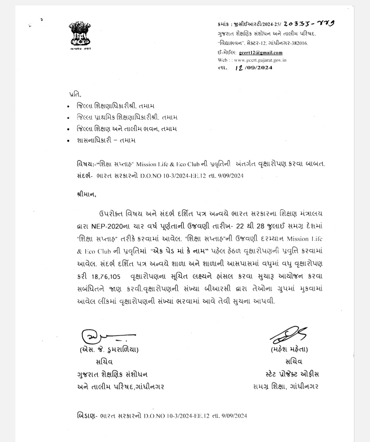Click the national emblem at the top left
[x=80, y=34]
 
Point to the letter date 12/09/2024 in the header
[x=254, y=67]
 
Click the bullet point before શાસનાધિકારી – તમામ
[x=70, y=140]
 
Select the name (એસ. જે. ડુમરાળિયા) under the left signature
[x=109, y=350]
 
